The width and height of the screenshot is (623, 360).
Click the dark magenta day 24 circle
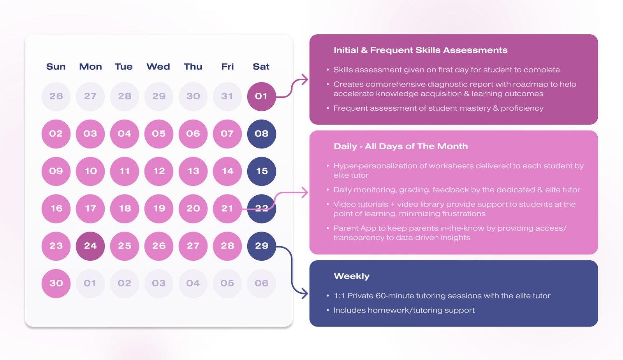(x=90, y=246)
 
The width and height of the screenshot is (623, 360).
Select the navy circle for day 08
(x=262, y=134)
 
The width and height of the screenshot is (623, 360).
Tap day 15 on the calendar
(x=262, y=171)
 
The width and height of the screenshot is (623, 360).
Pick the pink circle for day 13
(x=193, y=171)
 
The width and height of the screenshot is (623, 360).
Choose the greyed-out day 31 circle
(x=227, y=96)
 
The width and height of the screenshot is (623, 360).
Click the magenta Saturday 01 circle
(x=262, y=96)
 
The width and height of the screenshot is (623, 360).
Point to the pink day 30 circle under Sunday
(x=56, y=283)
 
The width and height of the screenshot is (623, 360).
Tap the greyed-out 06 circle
(x=262, y=283)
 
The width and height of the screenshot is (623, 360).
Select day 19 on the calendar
(x=159, y=208)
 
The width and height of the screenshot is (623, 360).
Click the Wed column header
(x=158, y=67)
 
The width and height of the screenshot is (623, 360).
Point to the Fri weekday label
(x=227, y=67)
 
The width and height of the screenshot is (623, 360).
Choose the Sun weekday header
(x=56, y=67)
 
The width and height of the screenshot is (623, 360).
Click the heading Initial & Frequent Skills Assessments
(x=421, y=50)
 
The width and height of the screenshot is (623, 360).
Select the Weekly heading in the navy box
(x=352, y=276)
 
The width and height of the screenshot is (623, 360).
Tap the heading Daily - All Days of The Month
(x=401, y=146)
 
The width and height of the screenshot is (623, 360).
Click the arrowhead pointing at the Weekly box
(x=304, y=294)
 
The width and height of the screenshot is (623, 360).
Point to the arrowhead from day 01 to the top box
(x=304, y=80)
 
